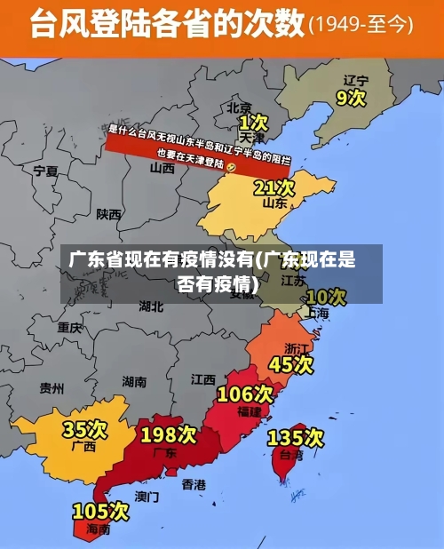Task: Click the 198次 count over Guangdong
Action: click(169, 435)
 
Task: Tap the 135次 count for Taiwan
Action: click(295, 438)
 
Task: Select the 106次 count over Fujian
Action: click(245, 394)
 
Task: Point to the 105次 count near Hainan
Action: click(100, 512)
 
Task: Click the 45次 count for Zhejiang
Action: click(291, 364)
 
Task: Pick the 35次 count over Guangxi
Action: click(84, 430)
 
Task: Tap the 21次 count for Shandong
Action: click(274, 187)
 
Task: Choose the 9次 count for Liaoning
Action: click(351, 97)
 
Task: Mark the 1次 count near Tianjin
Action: click(253, 122)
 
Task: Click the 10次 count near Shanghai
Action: click(326, 296)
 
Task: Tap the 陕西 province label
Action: click(109, 214)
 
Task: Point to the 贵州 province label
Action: click(52, 387)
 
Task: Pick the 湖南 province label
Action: click(134, 381)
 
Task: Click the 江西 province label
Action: click(202, 379)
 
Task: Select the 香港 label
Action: click(194, 484)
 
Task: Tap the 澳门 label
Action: click(147, 497)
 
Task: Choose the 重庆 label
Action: click(69, 327)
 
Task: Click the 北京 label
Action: click(239, 107)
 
